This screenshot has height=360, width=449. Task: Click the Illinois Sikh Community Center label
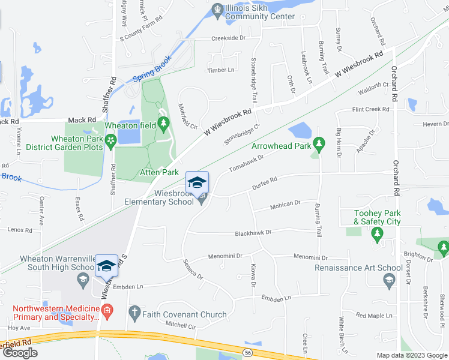click(x=260, y=13)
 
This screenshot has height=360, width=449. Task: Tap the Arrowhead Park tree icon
click(x=319, y=143)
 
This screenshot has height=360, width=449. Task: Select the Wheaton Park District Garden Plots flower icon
click(x=110, y=140)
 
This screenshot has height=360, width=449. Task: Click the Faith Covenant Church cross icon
click(x=134, y=313)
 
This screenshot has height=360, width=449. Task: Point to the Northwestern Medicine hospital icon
click(x=107, y=310)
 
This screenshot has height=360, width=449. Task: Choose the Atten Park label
click(x=159, y=172)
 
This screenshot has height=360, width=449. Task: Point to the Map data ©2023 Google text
click(x=412, y=355)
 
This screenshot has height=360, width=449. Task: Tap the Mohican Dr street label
click(x=285, y=204)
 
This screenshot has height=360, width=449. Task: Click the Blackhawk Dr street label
click(x=253, y=232)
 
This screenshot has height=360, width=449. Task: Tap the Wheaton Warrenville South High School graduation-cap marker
click(x=106, y=266)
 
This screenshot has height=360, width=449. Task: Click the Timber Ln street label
click(x=220, y=70)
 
